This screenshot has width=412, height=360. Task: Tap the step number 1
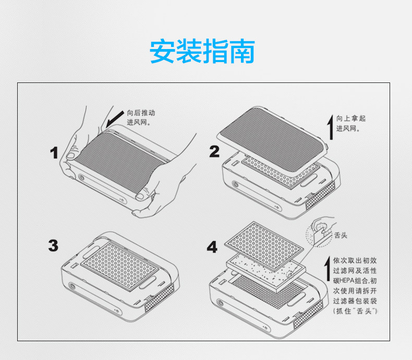(54, 152)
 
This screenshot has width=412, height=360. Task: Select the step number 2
(214, 151)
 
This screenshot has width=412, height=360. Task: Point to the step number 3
(54, 245)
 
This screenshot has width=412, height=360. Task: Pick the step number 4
(212, 247)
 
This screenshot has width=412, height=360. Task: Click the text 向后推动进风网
(141, 117)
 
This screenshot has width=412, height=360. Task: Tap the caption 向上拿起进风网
(351, 123)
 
